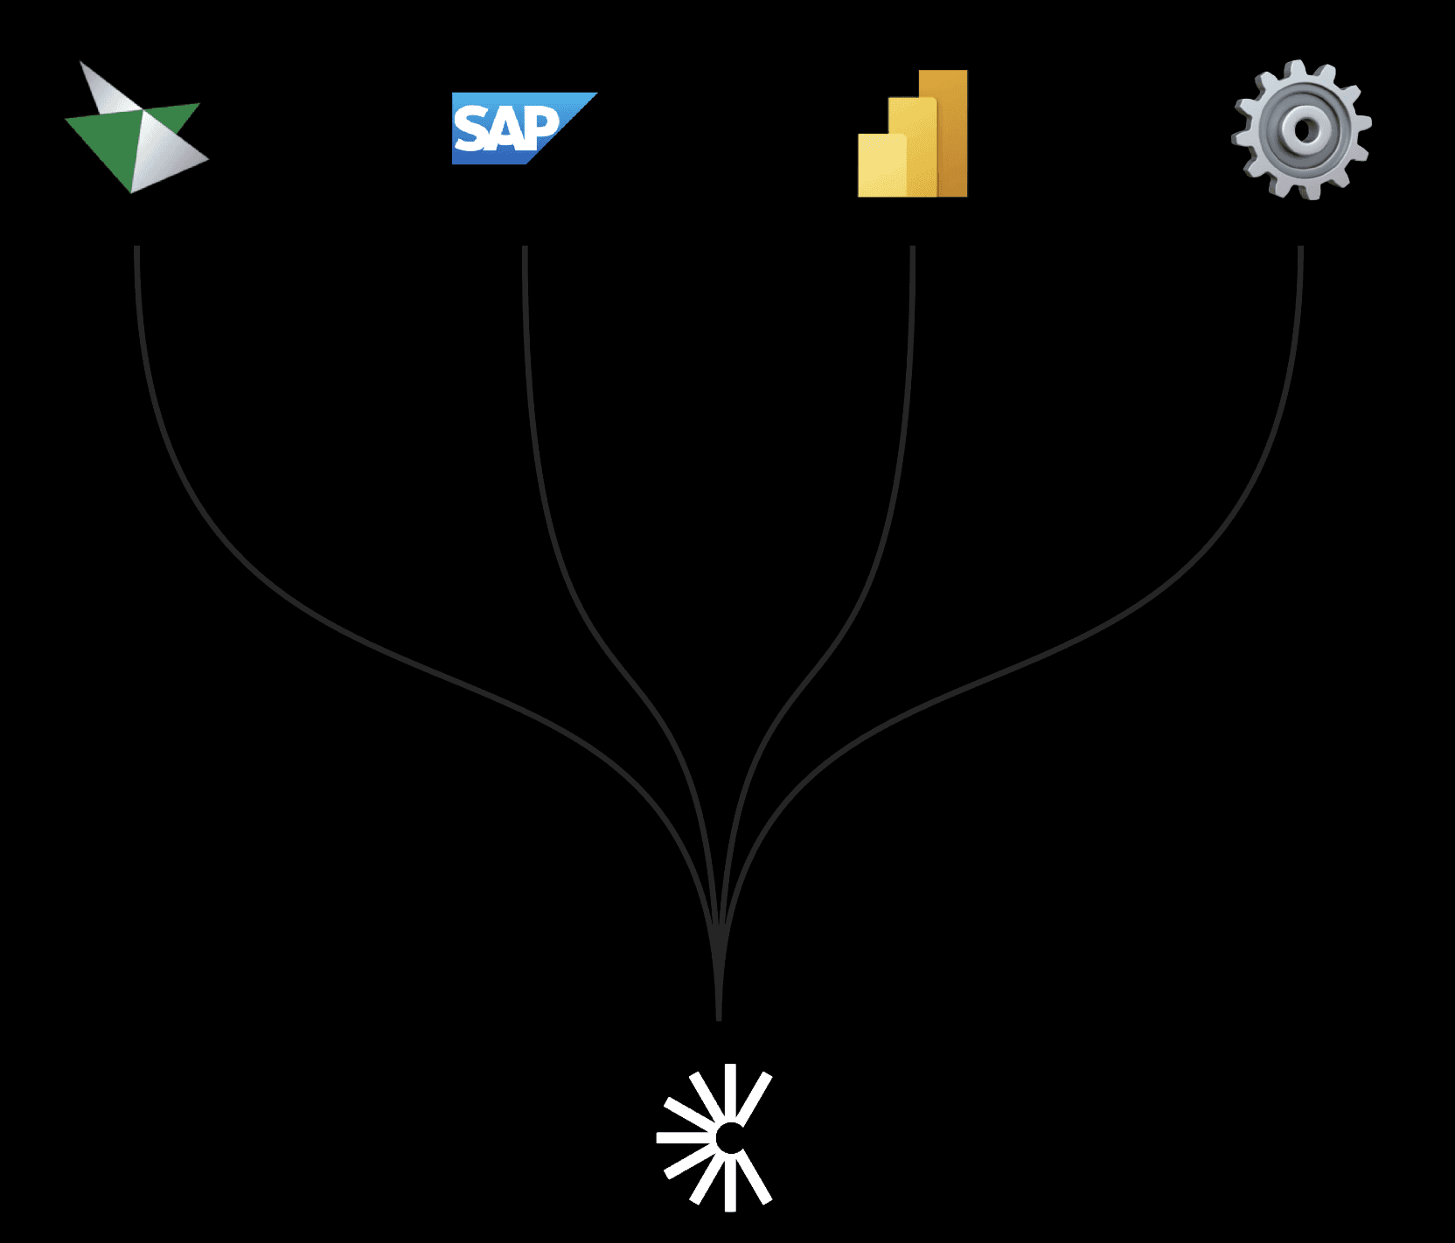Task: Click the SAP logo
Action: click(522, 128)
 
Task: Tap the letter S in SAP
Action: click(472, 129)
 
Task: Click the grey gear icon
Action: click(1301, 129)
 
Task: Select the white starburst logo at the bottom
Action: click(715, 1137)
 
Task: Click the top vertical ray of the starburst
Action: click(730, 1088)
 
